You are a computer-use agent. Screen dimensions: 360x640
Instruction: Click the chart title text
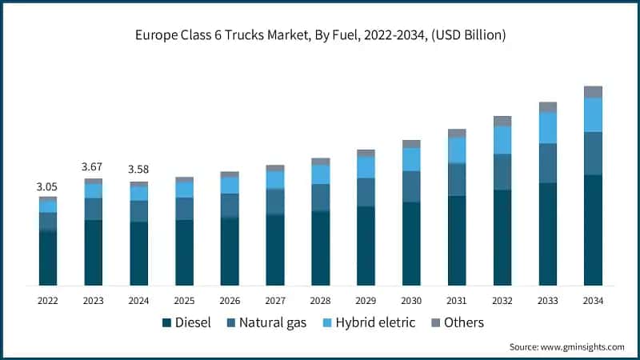[x=320, y=35]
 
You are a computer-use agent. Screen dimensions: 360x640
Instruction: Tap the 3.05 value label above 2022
[x=48, y=186]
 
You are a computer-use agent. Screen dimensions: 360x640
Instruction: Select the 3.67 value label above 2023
[x=94, y=167]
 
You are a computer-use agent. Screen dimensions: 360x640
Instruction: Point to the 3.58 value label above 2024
[x=138, y=170]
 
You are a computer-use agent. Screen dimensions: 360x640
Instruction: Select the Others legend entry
[x=458, y=322]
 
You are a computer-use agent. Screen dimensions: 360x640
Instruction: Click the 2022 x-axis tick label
[x=48, y=301]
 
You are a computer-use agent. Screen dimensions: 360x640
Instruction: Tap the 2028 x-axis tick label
[x=321, y=301]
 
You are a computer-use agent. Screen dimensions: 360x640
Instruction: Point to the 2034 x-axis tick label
[x=593, y=301]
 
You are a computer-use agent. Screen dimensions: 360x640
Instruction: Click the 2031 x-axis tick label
[x=457, y=301]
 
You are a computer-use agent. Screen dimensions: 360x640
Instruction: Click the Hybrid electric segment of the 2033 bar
[x=548, y=128]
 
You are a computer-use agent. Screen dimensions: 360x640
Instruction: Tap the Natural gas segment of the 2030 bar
[x=411, y=186]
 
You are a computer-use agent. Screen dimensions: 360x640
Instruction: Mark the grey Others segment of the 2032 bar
[x=502, y=121]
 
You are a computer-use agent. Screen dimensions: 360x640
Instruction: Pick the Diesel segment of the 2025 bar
[x=184, y=252]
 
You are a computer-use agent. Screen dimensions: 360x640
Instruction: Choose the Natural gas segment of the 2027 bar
[x=275, y=202]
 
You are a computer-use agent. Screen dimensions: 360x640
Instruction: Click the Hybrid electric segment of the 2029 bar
[x=366, y=167]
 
